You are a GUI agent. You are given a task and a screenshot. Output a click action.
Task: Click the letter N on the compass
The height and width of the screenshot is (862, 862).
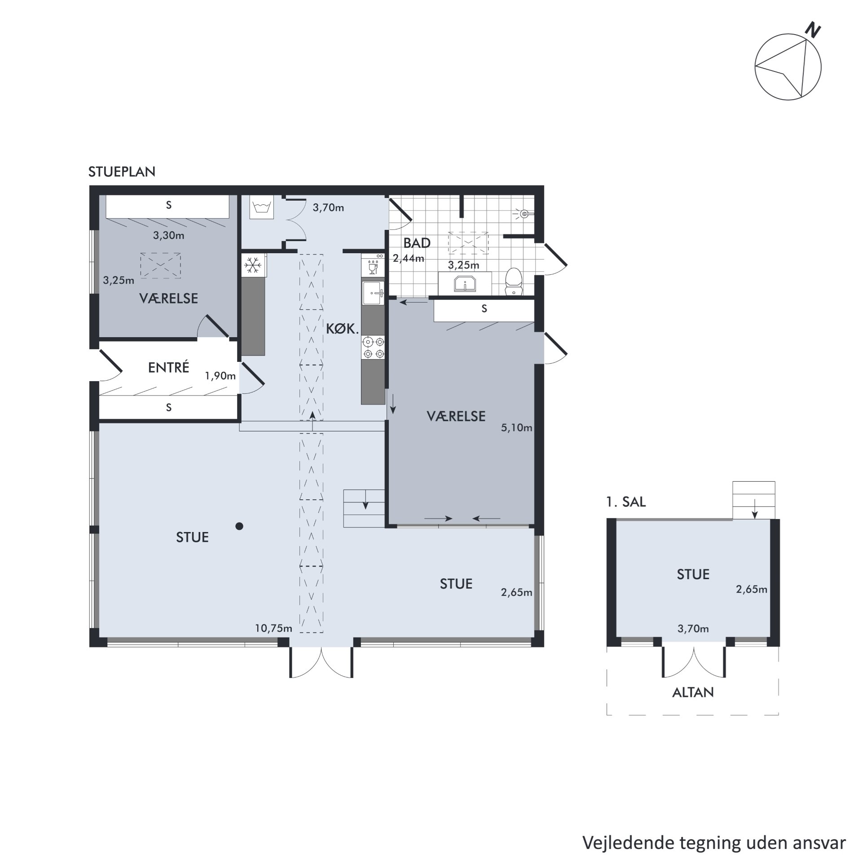[x=813, y=31]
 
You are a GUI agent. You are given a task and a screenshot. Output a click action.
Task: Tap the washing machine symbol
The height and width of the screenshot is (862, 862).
[x=261, y=207]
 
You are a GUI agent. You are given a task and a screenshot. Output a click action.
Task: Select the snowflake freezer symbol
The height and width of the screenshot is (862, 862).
[x=253, y=266]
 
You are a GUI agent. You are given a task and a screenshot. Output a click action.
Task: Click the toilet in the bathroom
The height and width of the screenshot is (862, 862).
[x=513, y=281]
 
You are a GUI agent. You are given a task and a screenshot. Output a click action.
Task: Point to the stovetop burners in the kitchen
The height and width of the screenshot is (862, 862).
[x=374, y=347]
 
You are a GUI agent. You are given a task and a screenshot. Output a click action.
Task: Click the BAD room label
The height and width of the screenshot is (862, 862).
[x=417, y=243]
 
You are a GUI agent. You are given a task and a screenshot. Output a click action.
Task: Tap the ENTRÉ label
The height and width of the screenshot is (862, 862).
[x=168, y=367]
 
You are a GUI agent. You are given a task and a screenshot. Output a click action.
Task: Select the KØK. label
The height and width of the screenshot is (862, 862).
[x=343, y=329]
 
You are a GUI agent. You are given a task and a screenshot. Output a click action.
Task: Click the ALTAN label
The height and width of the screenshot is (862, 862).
[x=693, y=692]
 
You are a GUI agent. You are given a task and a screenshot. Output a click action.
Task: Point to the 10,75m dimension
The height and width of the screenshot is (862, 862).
[x=273, y=628]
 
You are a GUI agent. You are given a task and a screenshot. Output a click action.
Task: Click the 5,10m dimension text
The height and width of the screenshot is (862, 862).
[x=517, y=427]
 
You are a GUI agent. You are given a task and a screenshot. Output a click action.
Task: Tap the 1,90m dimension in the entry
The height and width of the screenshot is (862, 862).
[x=220, y=376]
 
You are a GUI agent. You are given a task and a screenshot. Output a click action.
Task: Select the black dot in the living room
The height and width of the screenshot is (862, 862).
[x=239, y=526]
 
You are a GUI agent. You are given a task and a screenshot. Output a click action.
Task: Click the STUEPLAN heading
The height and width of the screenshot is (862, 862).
[x=122, y=172]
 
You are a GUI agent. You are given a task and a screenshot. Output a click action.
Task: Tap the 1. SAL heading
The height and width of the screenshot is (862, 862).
[x=626, y=502]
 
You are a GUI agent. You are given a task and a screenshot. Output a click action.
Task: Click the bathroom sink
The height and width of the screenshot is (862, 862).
[x=465, y=284]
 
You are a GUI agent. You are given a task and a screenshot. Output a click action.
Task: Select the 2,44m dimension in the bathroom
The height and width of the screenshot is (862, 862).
[x=409, y=258]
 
